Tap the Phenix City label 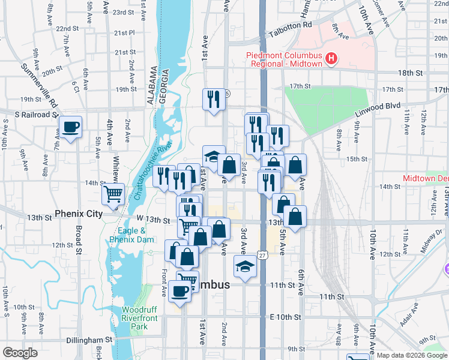point(80,214)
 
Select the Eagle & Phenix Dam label point(128,235)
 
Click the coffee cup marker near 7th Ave point(70,127)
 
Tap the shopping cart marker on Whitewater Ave point(113,194)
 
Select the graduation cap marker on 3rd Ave point(245,266)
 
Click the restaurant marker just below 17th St point(213,100)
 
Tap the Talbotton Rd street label point(291,25)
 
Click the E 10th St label point(284,317)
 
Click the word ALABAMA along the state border point(151,86)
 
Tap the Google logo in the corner point(20,353)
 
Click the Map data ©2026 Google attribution point(411,355)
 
